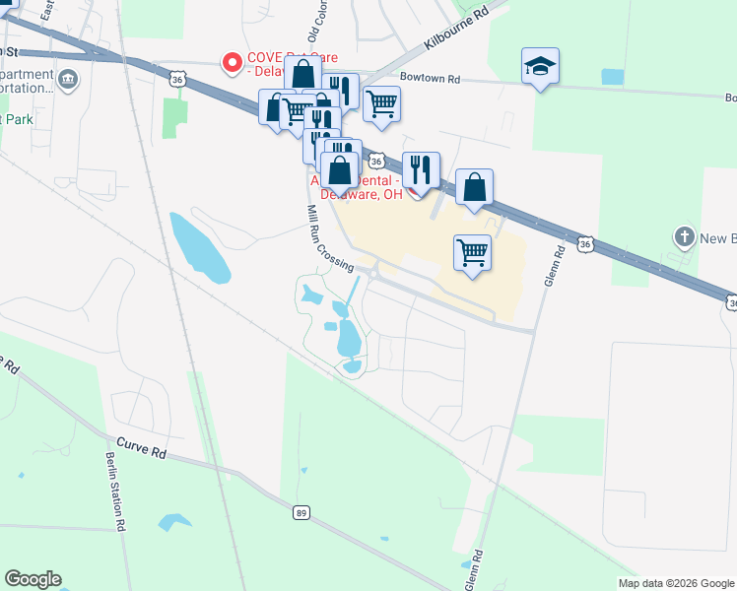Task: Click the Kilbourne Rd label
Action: click(455, 31)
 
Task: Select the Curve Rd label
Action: click(141, 447)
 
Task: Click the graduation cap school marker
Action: click(540, 67)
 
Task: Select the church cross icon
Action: click(685, 237)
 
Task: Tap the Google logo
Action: click(33, 579)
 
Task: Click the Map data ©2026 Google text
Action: click(675, 583)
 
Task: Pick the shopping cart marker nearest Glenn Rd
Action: click(473, 252)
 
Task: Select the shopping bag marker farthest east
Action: click(474, 187)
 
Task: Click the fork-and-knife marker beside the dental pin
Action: click(421, 170)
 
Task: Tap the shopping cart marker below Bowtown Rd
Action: click(381, 103)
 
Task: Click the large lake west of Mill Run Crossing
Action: click(200, 245)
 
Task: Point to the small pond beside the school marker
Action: click(612, 76)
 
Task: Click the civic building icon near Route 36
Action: click(68, 80)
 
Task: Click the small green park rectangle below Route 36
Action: click(175, 115)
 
